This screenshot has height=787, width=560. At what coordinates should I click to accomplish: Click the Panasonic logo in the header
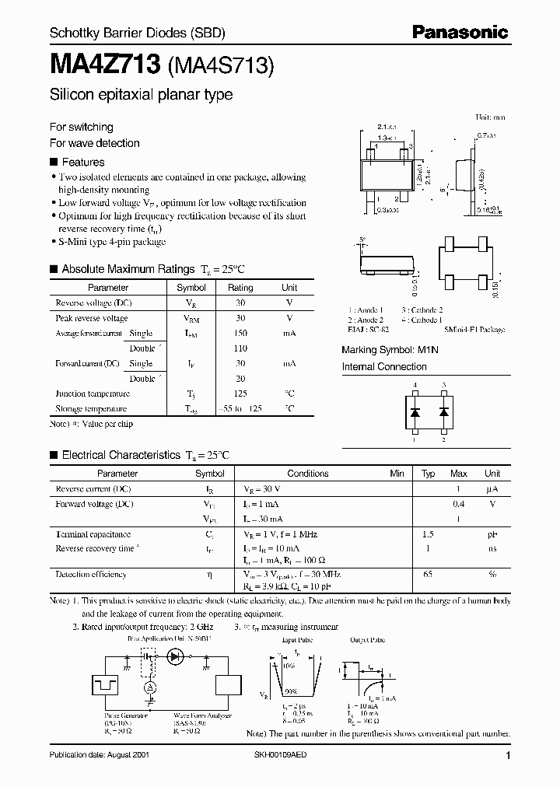click(459, 32)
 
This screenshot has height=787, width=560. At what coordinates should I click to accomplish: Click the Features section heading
click(82, 163)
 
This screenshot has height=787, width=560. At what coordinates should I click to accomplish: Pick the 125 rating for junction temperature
click(240, 393)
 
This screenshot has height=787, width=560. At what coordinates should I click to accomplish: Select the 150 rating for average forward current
click(240, 333)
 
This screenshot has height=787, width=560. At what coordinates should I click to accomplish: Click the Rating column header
click(240, 288)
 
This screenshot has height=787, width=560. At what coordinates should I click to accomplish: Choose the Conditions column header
click(308, 474)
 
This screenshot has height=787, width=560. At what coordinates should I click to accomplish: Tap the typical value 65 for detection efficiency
click(428, 574)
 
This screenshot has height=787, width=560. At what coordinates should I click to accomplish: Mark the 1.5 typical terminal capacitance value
click(428, 534)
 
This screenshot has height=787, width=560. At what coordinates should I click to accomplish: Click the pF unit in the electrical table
click(492, 534)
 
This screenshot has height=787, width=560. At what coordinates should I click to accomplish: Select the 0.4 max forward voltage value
click(459, 504)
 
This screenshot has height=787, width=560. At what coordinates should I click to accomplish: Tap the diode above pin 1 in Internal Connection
click(415, 412)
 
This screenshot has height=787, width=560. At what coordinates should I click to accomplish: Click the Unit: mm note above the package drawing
click(491, 117)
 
